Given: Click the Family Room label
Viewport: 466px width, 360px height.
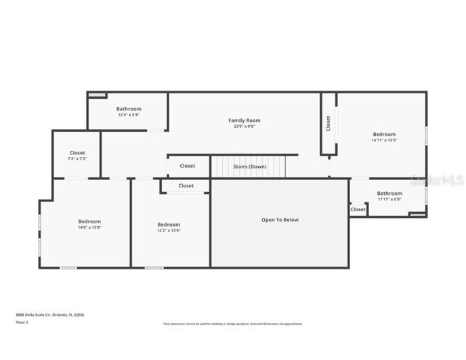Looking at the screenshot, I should (x=244, y=120).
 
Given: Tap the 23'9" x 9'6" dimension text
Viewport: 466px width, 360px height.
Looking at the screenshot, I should (x=244, y=127).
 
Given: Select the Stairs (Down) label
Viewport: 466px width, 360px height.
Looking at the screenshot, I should (x=250, y=166).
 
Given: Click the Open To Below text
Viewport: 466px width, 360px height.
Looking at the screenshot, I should (x=280, y=220).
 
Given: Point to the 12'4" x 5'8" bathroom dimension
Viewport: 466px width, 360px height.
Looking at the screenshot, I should (x=129, y=115).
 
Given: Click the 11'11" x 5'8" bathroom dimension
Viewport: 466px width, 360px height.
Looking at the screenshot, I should (x=389, y=199).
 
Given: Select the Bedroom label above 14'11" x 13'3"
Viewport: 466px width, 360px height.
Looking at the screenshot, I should (x=384, y=134).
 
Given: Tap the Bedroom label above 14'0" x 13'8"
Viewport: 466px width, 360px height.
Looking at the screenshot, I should (x=89, y=221).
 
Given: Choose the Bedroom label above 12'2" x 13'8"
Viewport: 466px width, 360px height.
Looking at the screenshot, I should (x=169, y=225).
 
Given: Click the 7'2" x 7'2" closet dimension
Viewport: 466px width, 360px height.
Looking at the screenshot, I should (x=77, y=159).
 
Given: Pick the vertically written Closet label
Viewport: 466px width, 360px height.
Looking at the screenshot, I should (x=329, y=123).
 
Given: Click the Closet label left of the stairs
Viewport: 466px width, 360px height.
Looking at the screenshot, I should (x=188, y=166).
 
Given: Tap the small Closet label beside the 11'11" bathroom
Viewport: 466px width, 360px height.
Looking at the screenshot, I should (x=358, y=210).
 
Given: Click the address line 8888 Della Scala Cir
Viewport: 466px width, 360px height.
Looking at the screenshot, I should (x=50, y=315).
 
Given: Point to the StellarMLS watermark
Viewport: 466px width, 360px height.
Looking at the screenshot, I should (x=437, y=181).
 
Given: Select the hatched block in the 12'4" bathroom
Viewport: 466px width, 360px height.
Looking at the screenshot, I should (x=98, y=95).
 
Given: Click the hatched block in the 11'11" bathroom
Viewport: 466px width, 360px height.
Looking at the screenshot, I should (x=417, y=215).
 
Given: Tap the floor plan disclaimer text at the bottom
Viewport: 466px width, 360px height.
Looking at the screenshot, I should (x=233, y=323).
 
